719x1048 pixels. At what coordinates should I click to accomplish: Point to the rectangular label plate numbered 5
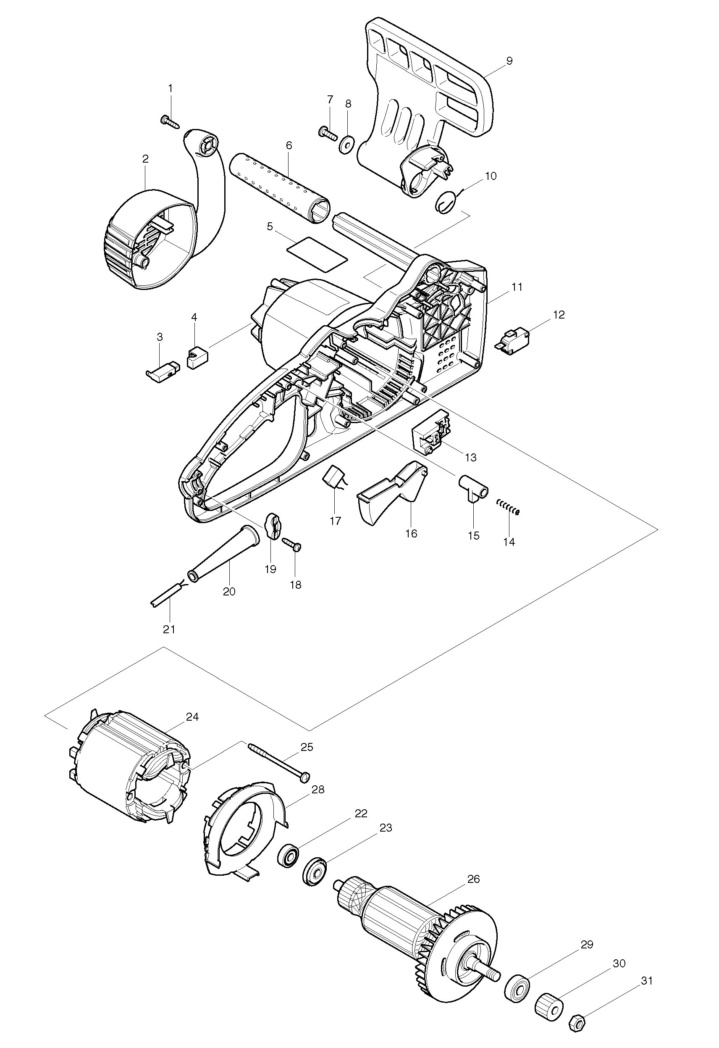point(318,254)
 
